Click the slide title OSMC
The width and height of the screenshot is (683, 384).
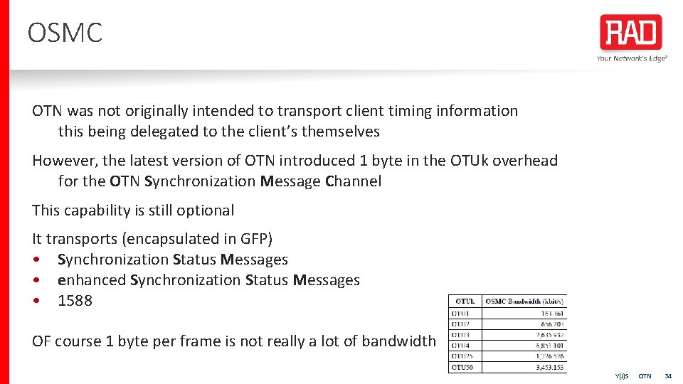tap(65, 33)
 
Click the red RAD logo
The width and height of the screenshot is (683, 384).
tap(630, 33)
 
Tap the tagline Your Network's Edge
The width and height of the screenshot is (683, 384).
tap(632, 58)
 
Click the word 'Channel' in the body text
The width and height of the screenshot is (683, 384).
tap(353, 181)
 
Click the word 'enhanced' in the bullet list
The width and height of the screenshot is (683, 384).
tap(92, 280)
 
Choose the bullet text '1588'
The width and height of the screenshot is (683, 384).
tap(75, 301)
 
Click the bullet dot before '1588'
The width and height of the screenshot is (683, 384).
tap(36, 301)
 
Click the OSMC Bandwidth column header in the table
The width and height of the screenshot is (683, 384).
tap(524, 301)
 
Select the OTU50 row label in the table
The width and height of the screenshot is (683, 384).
tap(463, 367)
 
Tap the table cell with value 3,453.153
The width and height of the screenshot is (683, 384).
tap(548, 367)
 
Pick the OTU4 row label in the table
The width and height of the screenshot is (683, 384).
tap(462, 345)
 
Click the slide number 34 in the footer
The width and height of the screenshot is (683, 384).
tap(667, 375)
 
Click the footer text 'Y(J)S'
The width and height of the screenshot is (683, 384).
tap(622, 375)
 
